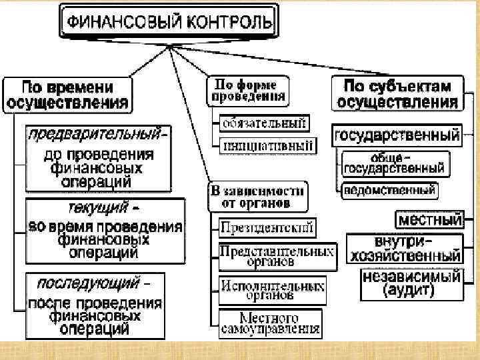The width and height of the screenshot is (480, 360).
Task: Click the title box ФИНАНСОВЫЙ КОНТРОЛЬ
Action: pos(168,22)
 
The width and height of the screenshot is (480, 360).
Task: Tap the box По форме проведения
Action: pos(248,89)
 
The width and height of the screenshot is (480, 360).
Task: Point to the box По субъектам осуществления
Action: pos(397,94)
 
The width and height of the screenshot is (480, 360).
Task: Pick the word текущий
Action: pos(97,207)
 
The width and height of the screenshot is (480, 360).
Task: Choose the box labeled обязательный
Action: pos(264,123)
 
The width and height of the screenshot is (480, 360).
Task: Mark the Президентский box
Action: pos(267,228)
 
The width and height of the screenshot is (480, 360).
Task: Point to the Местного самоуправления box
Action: pos(269,323)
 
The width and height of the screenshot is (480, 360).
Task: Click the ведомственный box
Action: pos(389,191)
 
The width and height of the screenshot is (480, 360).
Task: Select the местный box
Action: pos(430,219)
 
